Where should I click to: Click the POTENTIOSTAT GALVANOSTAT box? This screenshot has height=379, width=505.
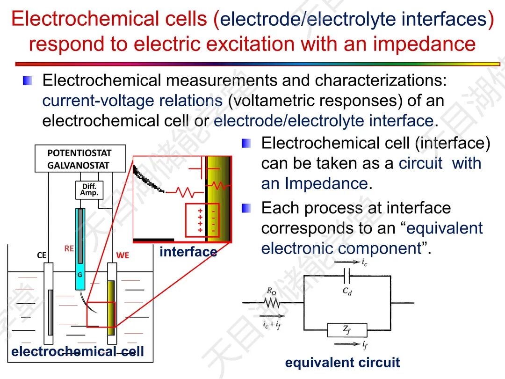tap(80, 159)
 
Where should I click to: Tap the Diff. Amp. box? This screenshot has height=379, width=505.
tap(89, 189)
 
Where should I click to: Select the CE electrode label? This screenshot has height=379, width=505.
tap(42, 255)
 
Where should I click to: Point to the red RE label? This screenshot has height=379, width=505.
tap(69, 249)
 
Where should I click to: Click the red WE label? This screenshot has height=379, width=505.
tap(123, 255)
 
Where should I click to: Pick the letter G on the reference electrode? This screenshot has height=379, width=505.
tap(79, 275)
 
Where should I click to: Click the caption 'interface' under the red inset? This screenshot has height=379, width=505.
tap(188, 252)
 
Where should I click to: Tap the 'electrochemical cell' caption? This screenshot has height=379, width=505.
tap(77, 351)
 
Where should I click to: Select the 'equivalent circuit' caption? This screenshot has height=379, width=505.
tap(342, 363)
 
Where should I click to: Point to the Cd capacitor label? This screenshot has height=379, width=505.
tap(347, 292)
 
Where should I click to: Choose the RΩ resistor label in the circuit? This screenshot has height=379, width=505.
tap(271, 291)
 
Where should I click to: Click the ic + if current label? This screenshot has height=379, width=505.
tap(272, 324)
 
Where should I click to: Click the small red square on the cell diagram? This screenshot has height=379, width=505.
tap(101, 314)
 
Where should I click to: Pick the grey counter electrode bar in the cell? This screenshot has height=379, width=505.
tap(50, 313)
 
